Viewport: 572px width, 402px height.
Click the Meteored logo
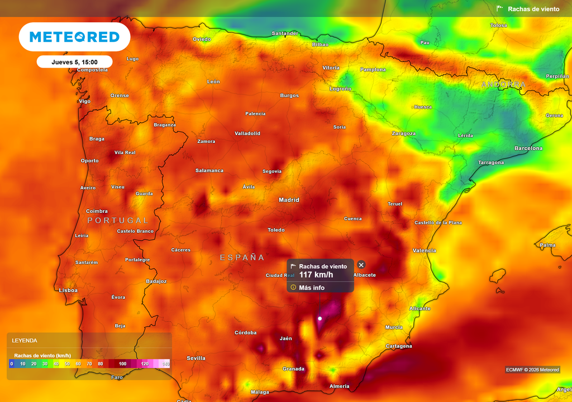74,37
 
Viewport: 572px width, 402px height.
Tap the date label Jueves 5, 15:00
74,62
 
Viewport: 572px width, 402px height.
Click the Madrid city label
289,200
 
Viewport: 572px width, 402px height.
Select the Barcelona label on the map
528,149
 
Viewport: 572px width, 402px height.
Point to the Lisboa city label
68,290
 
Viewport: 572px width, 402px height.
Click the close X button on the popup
361,265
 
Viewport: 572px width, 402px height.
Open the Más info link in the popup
312,288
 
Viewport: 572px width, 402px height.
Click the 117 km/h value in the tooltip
316,275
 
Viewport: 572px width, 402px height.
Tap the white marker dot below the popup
320,318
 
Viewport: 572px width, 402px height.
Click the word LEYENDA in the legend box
25,340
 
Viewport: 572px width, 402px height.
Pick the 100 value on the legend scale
123,363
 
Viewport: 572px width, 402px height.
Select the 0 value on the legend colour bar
12,363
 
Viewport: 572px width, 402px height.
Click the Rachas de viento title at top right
533,9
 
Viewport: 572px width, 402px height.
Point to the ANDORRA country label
503,85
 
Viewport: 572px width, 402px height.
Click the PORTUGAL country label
118,221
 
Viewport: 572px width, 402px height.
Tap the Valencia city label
424,251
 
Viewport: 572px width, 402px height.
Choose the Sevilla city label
196,358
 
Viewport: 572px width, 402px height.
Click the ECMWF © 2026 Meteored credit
532,370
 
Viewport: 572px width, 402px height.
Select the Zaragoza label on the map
403,133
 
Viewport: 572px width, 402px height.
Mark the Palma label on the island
547,245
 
